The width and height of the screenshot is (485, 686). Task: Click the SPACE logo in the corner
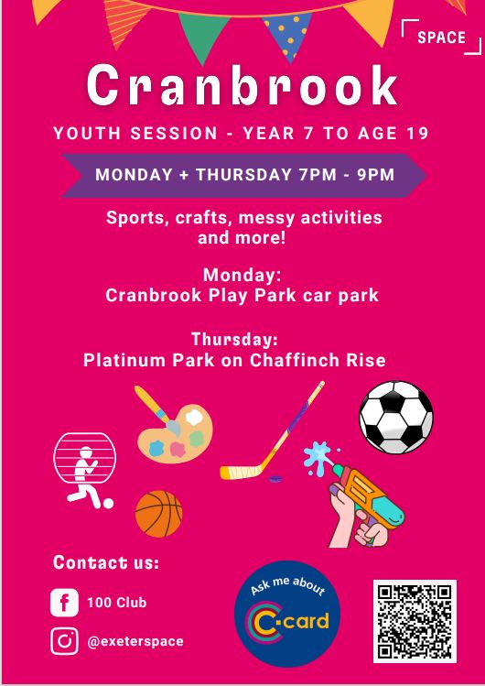(441, 38)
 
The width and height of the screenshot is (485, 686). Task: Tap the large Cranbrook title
(242, 85)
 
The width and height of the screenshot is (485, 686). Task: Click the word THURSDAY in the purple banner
(244, 175)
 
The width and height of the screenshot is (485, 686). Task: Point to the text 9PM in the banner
(376, 175)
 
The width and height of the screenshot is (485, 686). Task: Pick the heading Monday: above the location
(242, 275)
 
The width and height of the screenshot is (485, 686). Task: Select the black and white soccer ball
(396, 417)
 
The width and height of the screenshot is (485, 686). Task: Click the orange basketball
(158, 514)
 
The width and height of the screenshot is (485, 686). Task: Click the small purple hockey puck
(275, 479)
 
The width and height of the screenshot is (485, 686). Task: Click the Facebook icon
(64, 603)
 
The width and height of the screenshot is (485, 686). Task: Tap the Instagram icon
(64, 641)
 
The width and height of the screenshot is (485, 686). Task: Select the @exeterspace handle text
(135, 641)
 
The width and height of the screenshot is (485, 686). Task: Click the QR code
(415, 621)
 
